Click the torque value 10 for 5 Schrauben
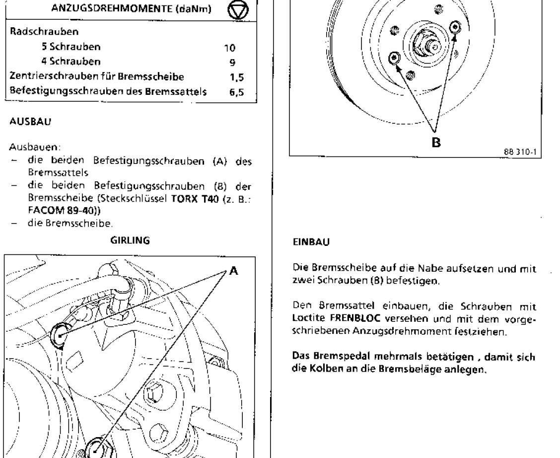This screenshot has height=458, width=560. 230,48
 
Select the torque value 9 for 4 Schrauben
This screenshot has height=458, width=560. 232,63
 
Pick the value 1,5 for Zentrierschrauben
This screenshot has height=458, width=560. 236,77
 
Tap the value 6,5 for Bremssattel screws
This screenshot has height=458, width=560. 236,92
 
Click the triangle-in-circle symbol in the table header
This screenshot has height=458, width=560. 239,11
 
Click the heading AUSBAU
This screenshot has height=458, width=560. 30,122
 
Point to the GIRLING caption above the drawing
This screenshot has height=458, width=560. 130,240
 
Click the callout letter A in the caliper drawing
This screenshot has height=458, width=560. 233,270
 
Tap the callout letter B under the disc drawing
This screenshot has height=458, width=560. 436,143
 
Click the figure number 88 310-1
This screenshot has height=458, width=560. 520,152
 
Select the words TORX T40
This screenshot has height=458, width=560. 195,199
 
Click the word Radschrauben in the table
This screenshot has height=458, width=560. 44,31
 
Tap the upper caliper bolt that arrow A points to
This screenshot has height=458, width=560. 59,335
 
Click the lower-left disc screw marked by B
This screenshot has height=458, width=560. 395,58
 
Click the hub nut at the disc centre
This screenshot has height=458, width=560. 423,45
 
